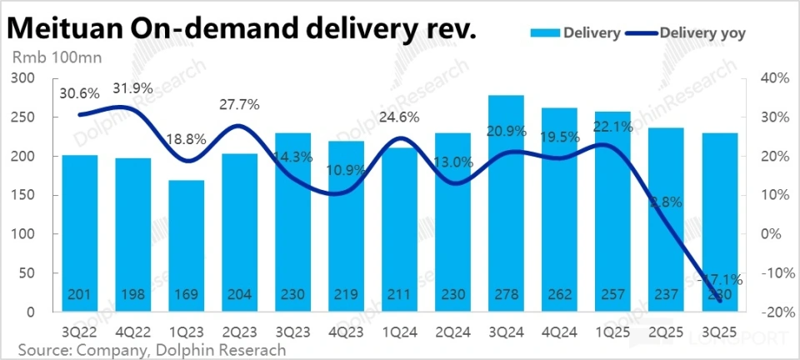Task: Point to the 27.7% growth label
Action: pos(239,105)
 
